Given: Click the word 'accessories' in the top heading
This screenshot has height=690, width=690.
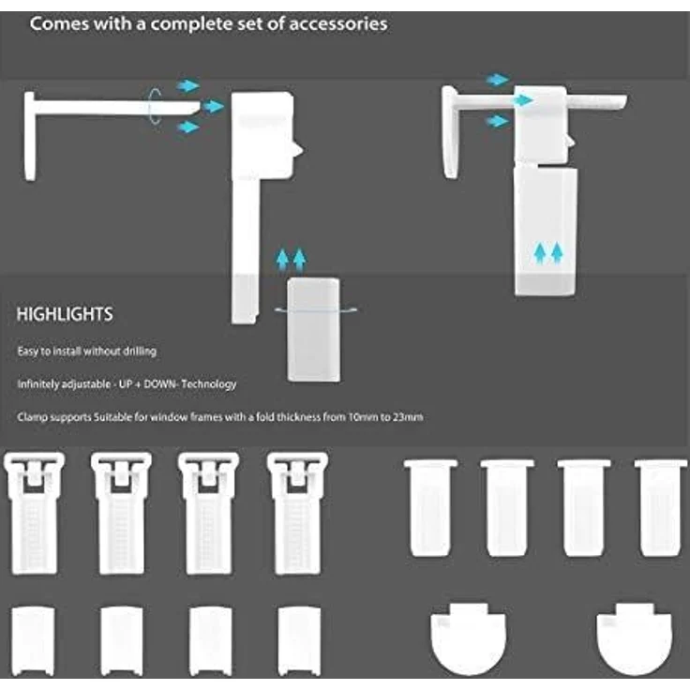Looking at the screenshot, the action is (337, 23).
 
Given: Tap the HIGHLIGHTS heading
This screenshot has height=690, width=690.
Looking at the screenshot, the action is (65, 314).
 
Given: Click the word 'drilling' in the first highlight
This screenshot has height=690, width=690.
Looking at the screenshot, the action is (139, 352).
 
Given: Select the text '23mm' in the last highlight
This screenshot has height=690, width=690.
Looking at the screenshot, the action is (408, 417).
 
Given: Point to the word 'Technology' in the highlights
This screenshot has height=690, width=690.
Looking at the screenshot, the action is (208, 384).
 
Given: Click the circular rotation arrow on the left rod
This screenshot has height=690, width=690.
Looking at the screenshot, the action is (154, 106).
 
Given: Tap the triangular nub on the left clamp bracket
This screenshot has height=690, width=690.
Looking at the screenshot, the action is (297, 150).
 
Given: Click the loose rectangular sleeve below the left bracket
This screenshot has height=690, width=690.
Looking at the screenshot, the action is (313, 329).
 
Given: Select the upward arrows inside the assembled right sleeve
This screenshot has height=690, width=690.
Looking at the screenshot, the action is (548, 253).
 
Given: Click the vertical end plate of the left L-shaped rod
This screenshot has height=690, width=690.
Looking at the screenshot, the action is (29, 136).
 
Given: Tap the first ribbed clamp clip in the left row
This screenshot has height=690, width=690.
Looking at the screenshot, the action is (34, 514).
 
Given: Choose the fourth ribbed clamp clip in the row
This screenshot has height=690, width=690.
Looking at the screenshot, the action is (297, 514).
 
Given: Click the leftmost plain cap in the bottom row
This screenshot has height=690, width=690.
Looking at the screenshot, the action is (33, 641).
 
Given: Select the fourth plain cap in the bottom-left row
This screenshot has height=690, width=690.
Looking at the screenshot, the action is (299, 641).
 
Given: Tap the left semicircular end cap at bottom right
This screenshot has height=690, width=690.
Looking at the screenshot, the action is (468, 638).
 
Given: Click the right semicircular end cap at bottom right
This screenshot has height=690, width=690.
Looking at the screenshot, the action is (634, 638).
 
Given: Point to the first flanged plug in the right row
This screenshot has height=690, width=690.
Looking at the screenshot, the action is (431, 508).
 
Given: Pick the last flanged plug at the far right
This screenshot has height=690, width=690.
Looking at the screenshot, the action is (661, 508).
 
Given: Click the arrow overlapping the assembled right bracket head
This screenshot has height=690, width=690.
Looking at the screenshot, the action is (523, 100).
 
